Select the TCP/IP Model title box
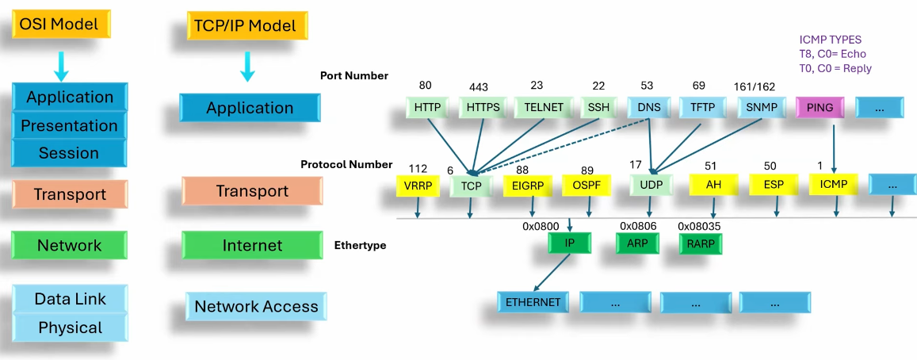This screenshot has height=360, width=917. coord(246,25)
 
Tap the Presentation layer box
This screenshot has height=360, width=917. coord(69,126)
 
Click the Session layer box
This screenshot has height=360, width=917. coord(69,153)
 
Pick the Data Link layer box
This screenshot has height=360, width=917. coord(70,300)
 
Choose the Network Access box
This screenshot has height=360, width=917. coord(255,307)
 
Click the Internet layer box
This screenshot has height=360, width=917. coord(251,246)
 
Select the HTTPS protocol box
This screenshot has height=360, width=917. coord(483,107)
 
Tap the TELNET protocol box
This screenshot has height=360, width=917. coord(543,107)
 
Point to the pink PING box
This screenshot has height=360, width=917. coord(819,107)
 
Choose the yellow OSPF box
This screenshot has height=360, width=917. coord(586,186)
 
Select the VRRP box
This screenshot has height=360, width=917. coord(417,186)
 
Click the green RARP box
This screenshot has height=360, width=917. coord(701,243)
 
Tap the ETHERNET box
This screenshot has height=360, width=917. coord(533,302)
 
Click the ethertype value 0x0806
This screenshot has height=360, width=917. coord(639,225)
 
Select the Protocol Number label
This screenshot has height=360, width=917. coord(346,164)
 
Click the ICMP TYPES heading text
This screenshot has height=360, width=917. coord(830,39)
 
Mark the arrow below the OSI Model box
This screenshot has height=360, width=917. coord(61,65)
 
